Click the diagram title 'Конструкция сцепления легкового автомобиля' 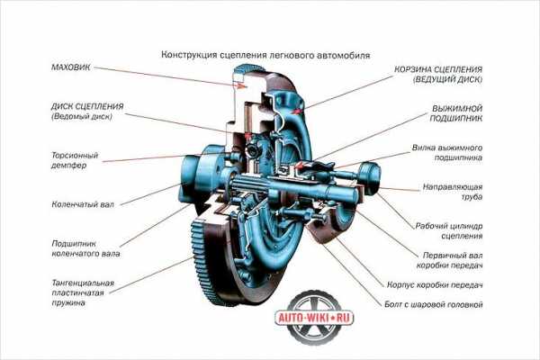[265, 55]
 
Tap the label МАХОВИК [71, 67]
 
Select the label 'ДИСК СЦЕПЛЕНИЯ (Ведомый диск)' [87, 112]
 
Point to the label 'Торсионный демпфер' [75, 160]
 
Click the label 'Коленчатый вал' [83, 204]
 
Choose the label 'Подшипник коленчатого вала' [85, 248]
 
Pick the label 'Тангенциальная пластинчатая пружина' [83, 292]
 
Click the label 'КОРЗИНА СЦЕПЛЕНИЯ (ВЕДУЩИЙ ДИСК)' [438, 74]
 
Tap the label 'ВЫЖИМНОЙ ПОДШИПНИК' [456, 113]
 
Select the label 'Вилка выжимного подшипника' [447, 153]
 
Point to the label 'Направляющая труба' [453, 192]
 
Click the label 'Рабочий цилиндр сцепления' [449, 231]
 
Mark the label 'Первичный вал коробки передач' [449, 260]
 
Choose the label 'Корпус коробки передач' [435, 285]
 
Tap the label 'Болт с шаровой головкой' [434, 305]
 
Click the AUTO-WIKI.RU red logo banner [315, 318]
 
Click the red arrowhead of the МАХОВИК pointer [243, 86]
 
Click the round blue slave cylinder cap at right [371, 178]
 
